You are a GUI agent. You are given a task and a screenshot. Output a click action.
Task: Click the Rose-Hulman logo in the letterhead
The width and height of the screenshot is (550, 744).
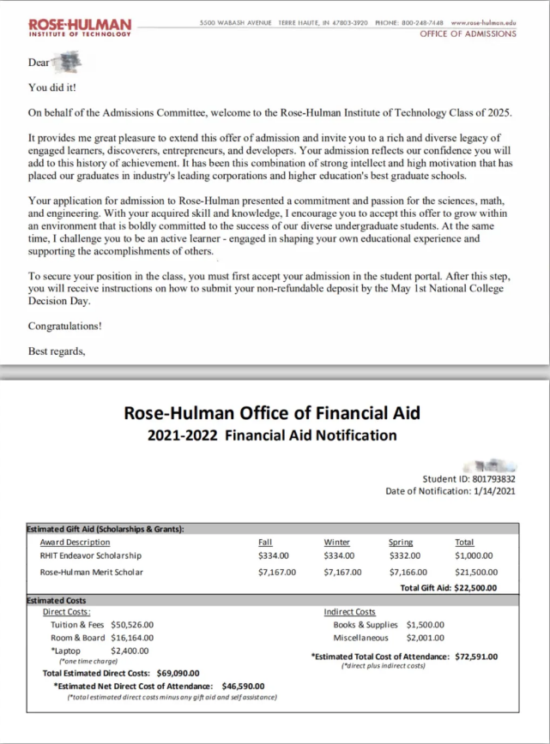(81, 27)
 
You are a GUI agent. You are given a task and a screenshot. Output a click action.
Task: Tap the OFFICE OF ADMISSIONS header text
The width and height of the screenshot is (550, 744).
(468, 34)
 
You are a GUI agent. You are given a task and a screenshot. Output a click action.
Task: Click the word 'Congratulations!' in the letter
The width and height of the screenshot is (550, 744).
(64, 326)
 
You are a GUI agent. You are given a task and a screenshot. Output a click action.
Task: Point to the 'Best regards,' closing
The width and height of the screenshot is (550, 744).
(57, 351)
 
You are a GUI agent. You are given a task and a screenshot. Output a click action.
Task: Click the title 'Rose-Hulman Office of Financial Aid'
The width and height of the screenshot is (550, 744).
(273, 412)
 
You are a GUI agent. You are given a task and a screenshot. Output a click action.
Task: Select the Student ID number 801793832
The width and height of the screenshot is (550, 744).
(493, 479)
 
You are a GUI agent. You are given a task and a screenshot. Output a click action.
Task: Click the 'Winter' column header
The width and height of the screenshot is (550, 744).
(336, 542)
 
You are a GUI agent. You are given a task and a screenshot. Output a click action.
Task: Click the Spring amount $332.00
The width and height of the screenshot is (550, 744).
(404, 555)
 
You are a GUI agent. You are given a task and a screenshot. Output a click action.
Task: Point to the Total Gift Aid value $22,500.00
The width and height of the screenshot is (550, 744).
(475, 588)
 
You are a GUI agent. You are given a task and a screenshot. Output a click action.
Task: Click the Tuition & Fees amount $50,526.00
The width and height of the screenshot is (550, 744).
(132, 625)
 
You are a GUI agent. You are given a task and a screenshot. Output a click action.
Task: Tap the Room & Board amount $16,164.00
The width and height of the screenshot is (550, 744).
(132, 638)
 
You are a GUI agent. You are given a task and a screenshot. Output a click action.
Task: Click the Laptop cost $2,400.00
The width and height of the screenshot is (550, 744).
(130, 651)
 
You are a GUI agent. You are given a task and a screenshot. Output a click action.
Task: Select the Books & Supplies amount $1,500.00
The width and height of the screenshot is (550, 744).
(426, 625)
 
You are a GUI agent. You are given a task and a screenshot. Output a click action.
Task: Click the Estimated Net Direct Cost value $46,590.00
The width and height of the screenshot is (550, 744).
(243, 686)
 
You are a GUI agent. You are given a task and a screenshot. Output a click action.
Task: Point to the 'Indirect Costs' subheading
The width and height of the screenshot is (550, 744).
(349, 612)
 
